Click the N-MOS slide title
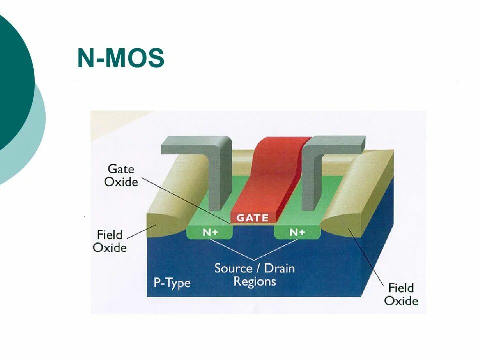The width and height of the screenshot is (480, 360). pyautogui.click(x=120, y=59)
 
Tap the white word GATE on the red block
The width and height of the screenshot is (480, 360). pyautogui.click(x=252, y=218)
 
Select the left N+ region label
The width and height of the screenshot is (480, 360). pyautogui.click(x=210, y=232)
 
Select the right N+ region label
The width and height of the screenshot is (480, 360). pyautogui.click(x=297, y=232)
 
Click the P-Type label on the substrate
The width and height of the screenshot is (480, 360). pyautogui.click(x=171, y=283)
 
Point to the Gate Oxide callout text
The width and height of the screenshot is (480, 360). pyautogui.click(x=121, y=175)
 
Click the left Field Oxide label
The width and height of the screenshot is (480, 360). pyautogui.click(x=111, y=241)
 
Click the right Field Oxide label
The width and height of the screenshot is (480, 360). pyautogui.click(x=401, y=294)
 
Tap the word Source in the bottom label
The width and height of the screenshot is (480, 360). pyautogui.click(x=233, y=268)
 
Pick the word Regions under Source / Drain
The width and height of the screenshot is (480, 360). pyautogui.click(x=255, y=281)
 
